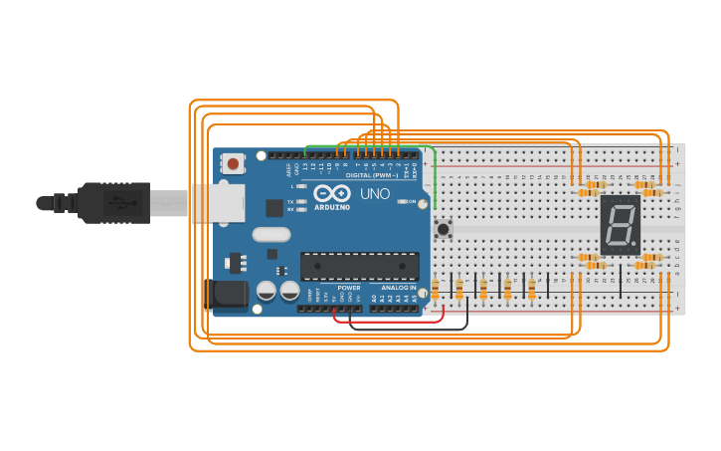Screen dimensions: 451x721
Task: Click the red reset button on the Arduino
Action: [234, 162]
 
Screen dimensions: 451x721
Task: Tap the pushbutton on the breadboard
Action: [444, 229]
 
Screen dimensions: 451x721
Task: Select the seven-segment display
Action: [620, 223]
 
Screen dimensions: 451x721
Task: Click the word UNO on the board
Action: [375, 194]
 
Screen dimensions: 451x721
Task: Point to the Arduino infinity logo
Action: [332, 193]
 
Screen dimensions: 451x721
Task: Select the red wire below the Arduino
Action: [388, 322]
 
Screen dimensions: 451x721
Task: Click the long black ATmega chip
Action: [359, 266]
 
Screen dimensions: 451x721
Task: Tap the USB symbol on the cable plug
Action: [119, 203]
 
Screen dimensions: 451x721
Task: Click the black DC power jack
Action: [228, 296]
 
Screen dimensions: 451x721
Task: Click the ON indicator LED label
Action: [412, 201]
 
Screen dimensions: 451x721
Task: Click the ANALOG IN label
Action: [399, 287]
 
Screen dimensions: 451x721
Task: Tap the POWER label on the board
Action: [349, 287]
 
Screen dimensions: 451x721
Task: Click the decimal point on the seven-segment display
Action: [634, 244]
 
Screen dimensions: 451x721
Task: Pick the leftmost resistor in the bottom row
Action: [435, 290]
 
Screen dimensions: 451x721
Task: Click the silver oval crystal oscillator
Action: [270, 236]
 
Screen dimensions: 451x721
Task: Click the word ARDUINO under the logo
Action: [332, 207]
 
